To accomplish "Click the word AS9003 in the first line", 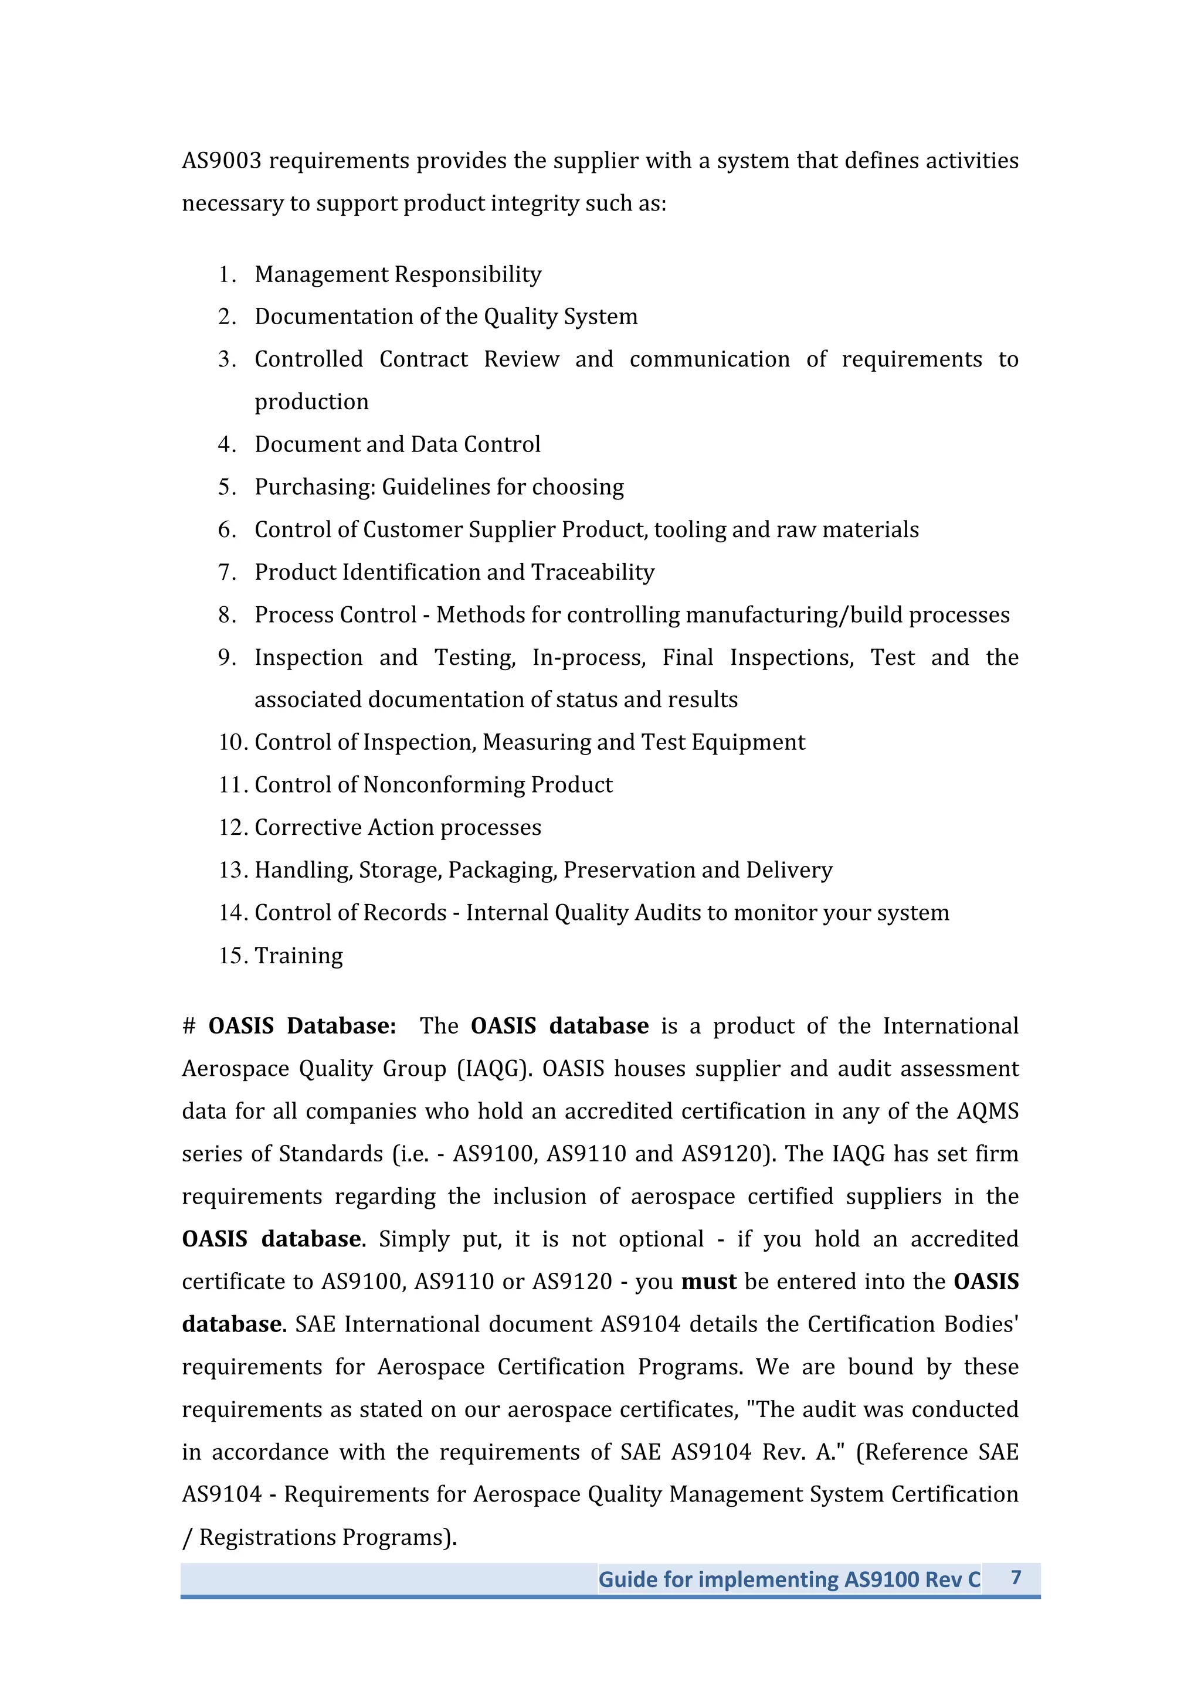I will tap(222, 161).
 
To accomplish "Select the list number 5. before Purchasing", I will tap(226, 487).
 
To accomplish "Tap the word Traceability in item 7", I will tap(593, 572).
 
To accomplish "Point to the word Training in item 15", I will tap(298, 955).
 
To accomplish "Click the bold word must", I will tap(708, 1282).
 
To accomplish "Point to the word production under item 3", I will tap(311, 402).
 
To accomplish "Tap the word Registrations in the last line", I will tap(267, 1538).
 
